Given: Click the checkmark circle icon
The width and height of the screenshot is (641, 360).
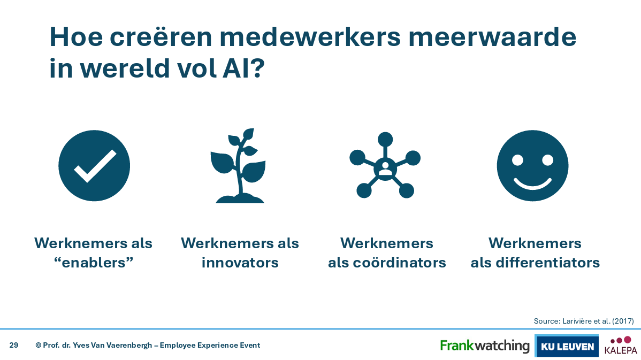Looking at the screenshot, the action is pyautogui.click(x=94, y=165).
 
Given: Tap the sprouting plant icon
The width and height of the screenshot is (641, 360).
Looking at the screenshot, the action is pyautogui.click(x=239, y=165).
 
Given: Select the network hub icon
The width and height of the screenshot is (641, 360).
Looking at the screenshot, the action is pyautogui.click(x=385, y=165).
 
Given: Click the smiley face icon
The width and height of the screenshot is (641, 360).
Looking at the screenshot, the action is pyautogui.click(x=532, y=165).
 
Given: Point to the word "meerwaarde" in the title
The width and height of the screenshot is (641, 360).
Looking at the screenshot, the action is pyautogui.click(x=492, y=37).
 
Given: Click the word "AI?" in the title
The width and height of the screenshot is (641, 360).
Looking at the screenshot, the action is pyautogui.click(x=243, y=68).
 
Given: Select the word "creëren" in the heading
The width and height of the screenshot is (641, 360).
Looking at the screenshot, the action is pyautogui.click(x=161, y=37).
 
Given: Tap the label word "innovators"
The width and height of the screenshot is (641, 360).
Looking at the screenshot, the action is pyautogui.click(x=240, y=262).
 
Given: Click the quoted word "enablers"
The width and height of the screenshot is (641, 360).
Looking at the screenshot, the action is pyautogui.click(x=94, y=262).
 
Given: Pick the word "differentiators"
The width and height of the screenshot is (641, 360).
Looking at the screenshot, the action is pyautogui.click(x=547, y=262).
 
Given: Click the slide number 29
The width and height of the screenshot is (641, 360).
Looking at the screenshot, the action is pyautogui.click(x=14, y=345).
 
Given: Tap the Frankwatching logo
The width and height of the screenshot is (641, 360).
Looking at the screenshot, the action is pyautogui.click(x=484, y=346).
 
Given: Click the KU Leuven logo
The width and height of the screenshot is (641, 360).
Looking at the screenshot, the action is pyautogui.click(x=567, y=346).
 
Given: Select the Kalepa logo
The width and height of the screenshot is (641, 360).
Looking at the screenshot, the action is pyautogui.click(x=621, y=346).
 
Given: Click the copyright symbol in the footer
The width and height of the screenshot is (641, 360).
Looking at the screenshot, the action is pyautogui.click(x=39, y=345).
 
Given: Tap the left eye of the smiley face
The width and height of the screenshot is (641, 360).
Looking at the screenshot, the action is pyautogui.click(x=517, y=160).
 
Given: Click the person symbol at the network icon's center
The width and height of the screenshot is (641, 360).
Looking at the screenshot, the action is pyautogui.click(x=385, y=168).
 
